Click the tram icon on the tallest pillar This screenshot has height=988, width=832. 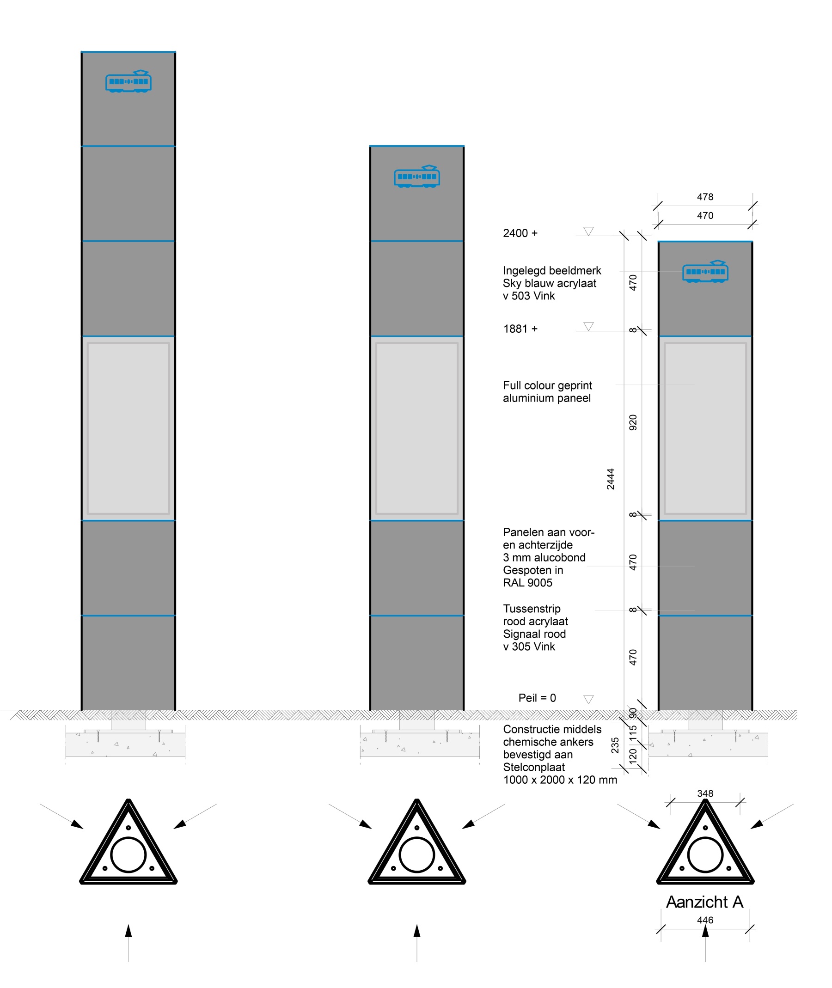point(128,82)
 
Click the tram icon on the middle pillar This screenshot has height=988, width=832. point(416,177)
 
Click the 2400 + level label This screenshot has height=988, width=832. point(520,233)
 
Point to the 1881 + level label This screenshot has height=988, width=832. point(520,329)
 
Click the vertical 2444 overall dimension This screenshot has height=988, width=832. point(610,479)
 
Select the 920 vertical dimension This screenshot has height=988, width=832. point(633,422)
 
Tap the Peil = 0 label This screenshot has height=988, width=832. point(537,697)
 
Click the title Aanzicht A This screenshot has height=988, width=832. point(704,902)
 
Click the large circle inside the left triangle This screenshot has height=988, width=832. point(128,854)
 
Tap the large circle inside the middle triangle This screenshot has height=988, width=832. point(416,854)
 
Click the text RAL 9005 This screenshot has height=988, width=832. point(527,582)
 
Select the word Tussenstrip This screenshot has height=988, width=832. point(532,608)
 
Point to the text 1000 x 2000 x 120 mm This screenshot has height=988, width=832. point(560,780)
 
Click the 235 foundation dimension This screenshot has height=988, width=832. point(615,745)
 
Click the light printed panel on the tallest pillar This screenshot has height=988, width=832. point(128,428)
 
